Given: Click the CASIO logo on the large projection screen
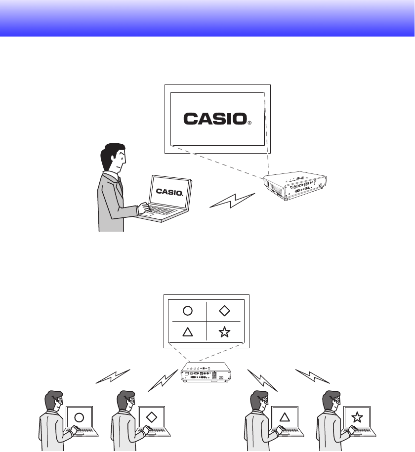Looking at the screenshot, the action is (215, 119).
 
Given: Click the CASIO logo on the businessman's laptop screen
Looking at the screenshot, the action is (169, 191).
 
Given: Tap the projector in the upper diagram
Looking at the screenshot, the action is (295, 186).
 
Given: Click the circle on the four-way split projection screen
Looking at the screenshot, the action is (187, 311).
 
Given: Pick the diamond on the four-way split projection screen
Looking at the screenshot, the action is (224, 311).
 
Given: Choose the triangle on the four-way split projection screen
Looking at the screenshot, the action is (187, 331).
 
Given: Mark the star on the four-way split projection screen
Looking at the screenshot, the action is (224, 331).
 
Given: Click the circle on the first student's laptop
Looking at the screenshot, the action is (79, 417).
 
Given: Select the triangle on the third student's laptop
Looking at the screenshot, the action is (284, 417).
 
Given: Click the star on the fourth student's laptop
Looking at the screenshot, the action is (357, 417).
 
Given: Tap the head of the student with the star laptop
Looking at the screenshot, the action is (330, 401).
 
